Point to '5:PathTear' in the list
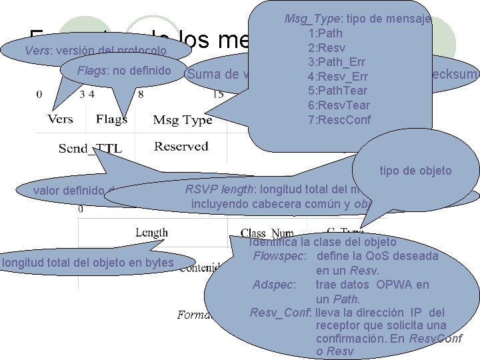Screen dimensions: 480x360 339,91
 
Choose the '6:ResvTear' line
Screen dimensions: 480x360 339,105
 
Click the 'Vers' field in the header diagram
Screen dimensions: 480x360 61,119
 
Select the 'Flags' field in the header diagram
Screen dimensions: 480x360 111,119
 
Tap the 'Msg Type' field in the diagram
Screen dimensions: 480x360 182,120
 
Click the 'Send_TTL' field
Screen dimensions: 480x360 90,148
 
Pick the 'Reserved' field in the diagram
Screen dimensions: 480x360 181,146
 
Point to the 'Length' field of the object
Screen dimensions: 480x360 151,233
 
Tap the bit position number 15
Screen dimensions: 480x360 217,95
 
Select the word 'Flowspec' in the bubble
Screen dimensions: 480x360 279,256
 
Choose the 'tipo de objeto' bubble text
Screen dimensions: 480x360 415,171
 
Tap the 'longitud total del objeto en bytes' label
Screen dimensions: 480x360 88,263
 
